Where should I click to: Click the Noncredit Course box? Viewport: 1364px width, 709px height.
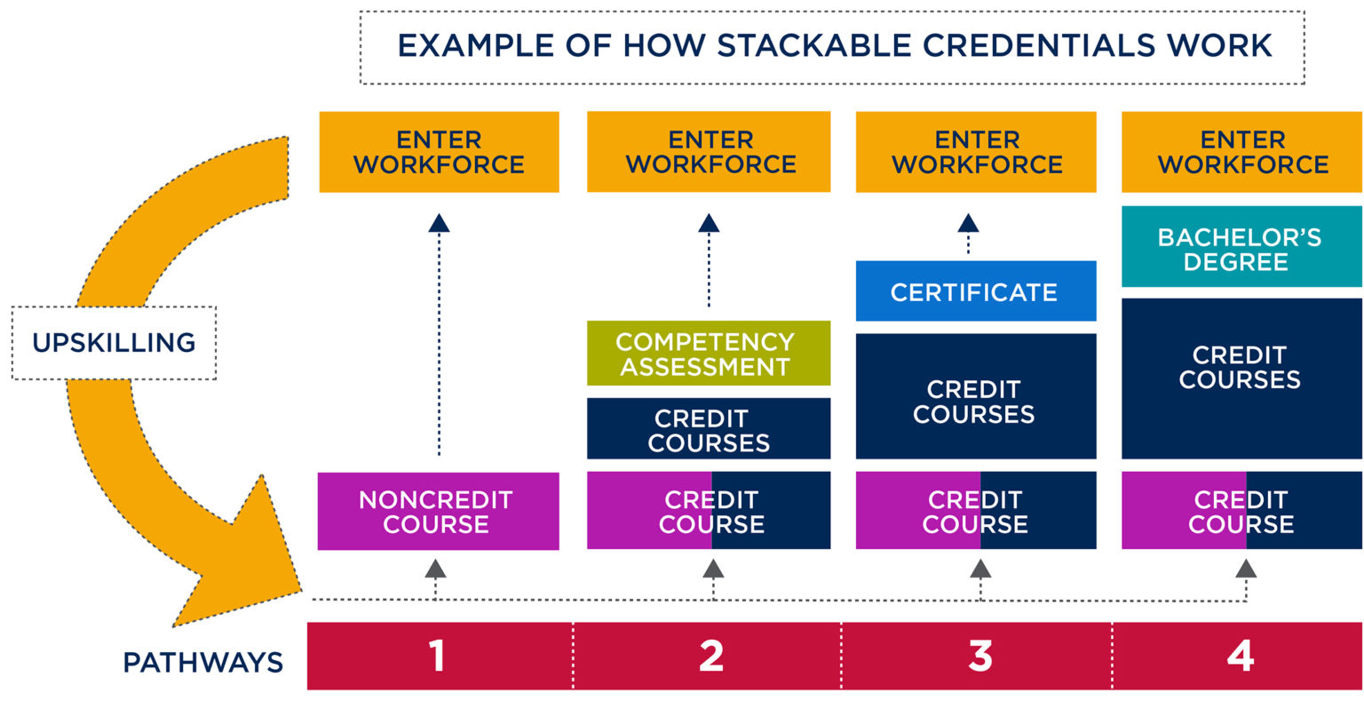point(438,511)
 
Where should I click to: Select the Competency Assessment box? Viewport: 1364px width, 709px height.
point(708,354)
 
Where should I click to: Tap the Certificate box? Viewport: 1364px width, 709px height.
point(975,291)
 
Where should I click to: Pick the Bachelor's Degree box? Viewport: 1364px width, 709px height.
point(1241,248)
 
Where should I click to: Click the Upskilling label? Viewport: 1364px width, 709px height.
point(114,343)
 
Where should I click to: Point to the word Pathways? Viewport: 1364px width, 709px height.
point(202,662)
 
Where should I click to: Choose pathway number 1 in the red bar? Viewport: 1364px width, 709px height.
point(437,657)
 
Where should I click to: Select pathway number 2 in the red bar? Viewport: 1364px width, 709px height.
point(710,657)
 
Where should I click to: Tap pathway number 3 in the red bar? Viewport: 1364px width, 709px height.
point(979,657)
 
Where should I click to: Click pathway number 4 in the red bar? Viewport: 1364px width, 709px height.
point(1240,657)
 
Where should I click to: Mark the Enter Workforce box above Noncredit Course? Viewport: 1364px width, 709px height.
point(439,152)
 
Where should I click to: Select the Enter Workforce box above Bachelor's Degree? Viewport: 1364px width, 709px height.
point(1241,152)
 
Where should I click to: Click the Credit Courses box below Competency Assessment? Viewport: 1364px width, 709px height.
point(708,429)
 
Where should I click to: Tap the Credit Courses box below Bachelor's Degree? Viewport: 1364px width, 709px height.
point(1241,378)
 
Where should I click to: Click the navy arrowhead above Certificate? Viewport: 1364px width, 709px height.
point(968,223)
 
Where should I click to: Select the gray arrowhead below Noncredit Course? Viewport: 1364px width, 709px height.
point(435,569)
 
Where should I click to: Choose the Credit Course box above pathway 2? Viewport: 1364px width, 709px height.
point(709,511)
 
